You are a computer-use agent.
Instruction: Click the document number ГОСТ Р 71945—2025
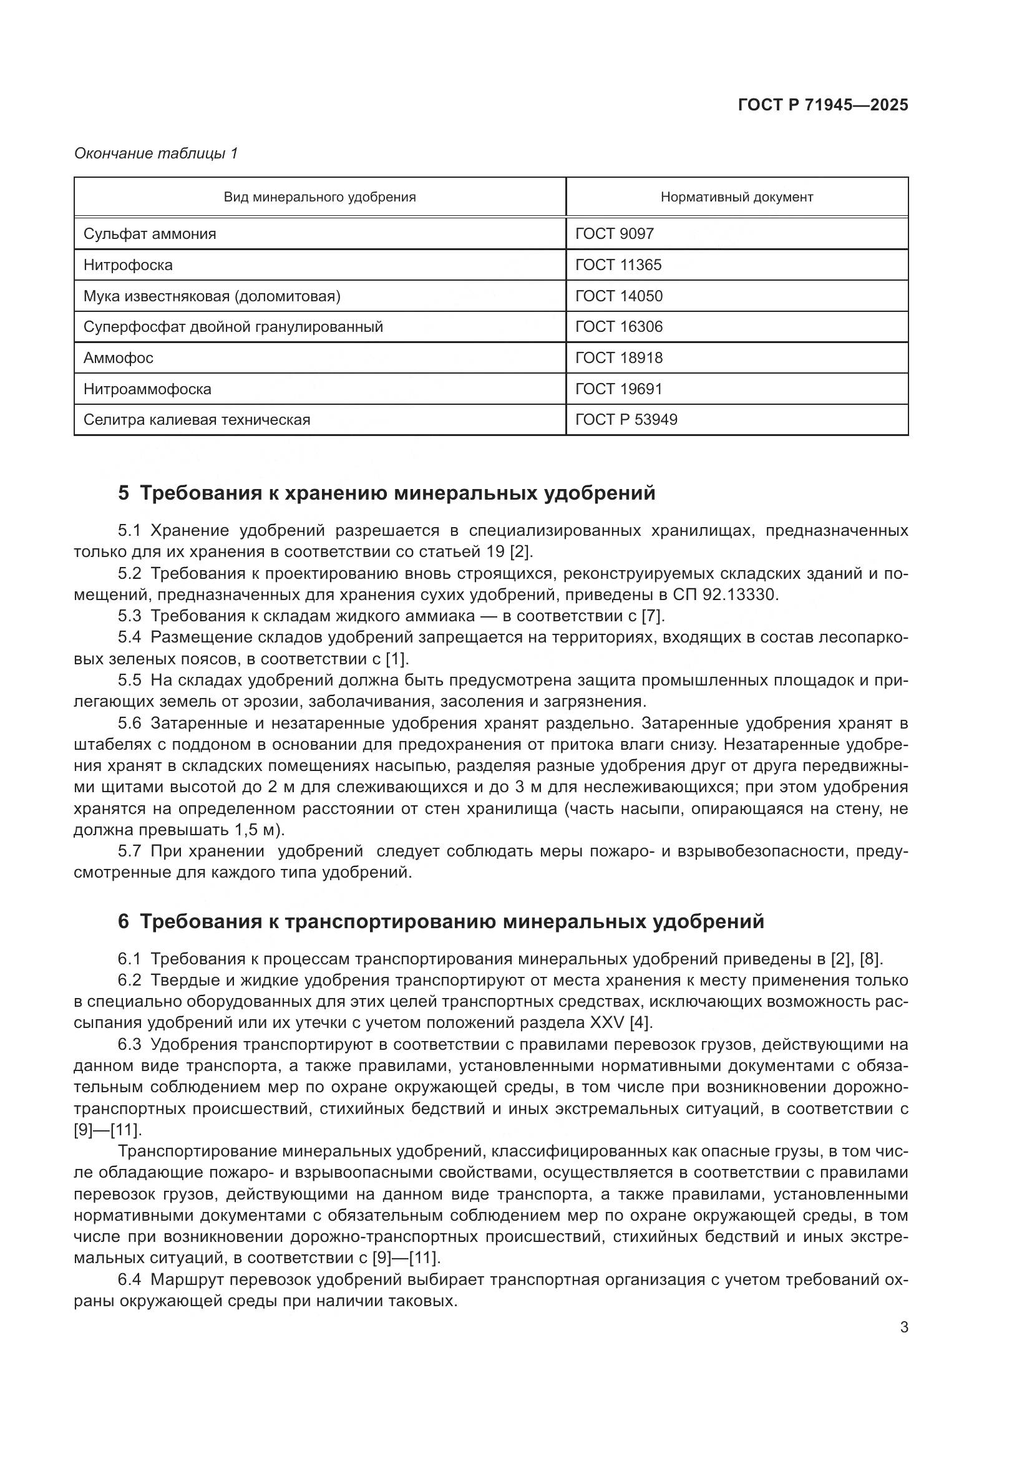tap(823, 105)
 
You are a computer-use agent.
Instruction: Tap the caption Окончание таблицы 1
tap(156, 153)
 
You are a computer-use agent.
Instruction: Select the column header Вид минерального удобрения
tap(319, 197)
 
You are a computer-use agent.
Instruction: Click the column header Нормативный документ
tap(736, 197)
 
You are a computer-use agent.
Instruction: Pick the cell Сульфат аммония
tap(150, 234)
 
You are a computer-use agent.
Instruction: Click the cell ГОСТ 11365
tap(618, 265)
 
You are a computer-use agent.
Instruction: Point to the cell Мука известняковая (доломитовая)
tap(212, 296)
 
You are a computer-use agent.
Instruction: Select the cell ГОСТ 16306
tap(618, 327)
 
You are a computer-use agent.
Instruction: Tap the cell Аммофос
tap(118, 358)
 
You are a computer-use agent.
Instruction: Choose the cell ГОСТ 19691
tap(618, 389)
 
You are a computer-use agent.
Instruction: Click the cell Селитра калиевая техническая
tap(197, 420)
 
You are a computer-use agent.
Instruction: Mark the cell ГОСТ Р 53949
tap(626, 420)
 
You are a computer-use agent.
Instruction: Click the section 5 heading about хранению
tap(386, 493)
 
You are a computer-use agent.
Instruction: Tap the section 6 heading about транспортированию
tap(441, 921)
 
